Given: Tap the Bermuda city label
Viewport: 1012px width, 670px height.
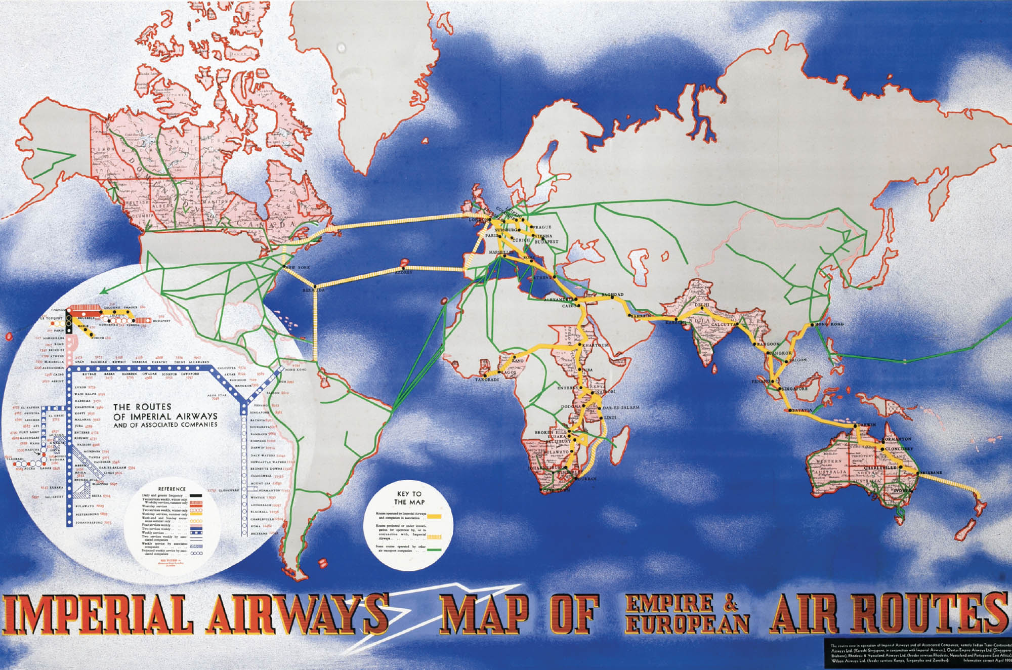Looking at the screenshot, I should point(313,290).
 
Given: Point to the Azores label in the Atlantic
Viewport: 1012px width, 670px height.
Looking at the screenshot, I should point(403,272).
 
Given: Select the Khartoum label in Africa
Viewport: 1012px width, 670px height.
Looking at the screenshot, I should point(596,345).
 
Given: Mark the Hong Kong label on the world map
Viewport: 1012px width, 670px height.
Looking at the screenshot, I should point(829,324).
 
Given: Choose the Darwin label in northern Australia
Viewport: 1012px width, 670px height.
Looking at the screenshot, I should point(866,425).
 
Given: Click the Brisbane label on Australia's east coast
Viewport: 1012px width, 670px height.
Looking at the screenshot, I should point(931,473).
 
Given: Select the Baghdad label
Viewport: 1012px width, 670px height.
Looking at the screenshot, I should point(612,295).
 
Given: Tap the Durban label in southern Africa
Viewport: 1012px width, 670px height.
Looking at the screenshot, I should point(586,479).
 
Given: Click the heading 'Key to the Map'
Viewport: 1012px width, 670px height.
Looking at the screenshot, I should point(409,498).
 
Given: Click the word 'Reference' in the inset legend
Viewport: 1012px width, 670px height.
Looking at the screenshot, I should point(172,489).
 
